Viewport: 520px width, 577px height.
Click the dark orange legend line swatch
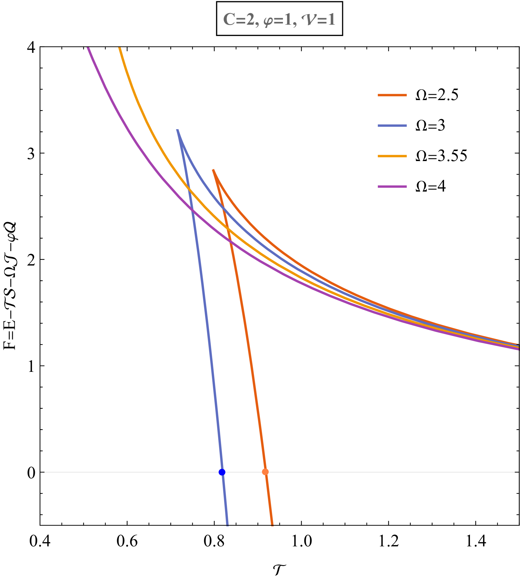[x=392, y=95]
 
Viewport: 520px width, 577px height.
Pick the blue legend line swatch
[x=392, y=126]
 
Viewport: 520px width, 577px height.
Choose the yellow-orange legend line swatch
[x=392, y=156]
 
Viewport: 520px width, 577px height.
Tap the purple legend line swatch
[x=392, y=187]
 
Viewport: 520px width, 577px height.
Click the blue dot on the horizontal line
[x=222, y=472]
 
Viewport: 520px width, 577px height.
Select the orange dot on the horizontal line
[x=265, y=472]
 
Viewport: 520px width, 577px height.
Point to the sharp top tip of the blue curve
[x=178, y=130]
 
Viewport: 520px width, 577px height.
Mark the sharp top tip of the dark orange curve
[x=213, y=170]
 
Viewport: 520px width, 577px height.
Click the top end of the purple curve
[x=88, y=48]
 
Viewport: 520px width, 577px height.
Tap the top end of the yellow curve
[x=119, y=48]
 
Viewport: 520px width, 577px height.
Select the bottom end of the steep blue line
[x=227, y=525]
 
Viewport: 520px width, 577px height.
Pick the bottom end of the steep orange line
[x=272, y=525]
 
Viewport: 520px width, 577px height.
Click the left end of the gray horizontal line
[x=45, y=472]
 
